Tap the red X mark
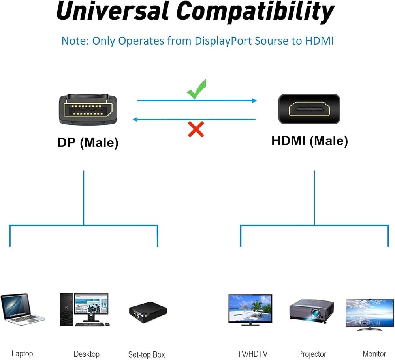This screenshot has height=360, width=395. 196,129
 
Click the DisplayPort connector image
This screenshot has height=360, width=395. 88,109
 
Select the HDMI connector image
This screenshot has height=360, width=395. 309,109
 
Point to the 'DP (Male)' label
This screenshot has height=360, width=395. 88,143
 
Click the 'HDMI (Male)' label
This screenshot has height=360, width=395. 310,141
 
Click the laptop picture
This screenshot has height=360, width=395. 22,309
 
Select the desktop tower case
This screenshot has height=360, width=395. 66,309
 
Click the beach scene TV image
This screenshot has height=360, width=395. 250,309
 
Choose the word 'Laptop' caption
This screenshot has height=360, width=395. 22,354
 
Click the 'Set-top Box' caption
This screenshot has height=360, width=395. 147,355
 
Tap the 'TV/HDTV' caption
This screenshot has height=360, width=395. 252,354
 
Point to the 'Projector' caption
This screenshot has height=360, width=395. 312,354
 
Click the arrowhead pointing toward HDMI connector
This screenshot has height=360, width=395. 254,101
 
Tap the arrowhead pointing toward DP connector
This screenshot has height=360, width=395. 135,119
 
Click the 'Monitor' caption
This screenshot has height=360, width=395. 374,354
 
